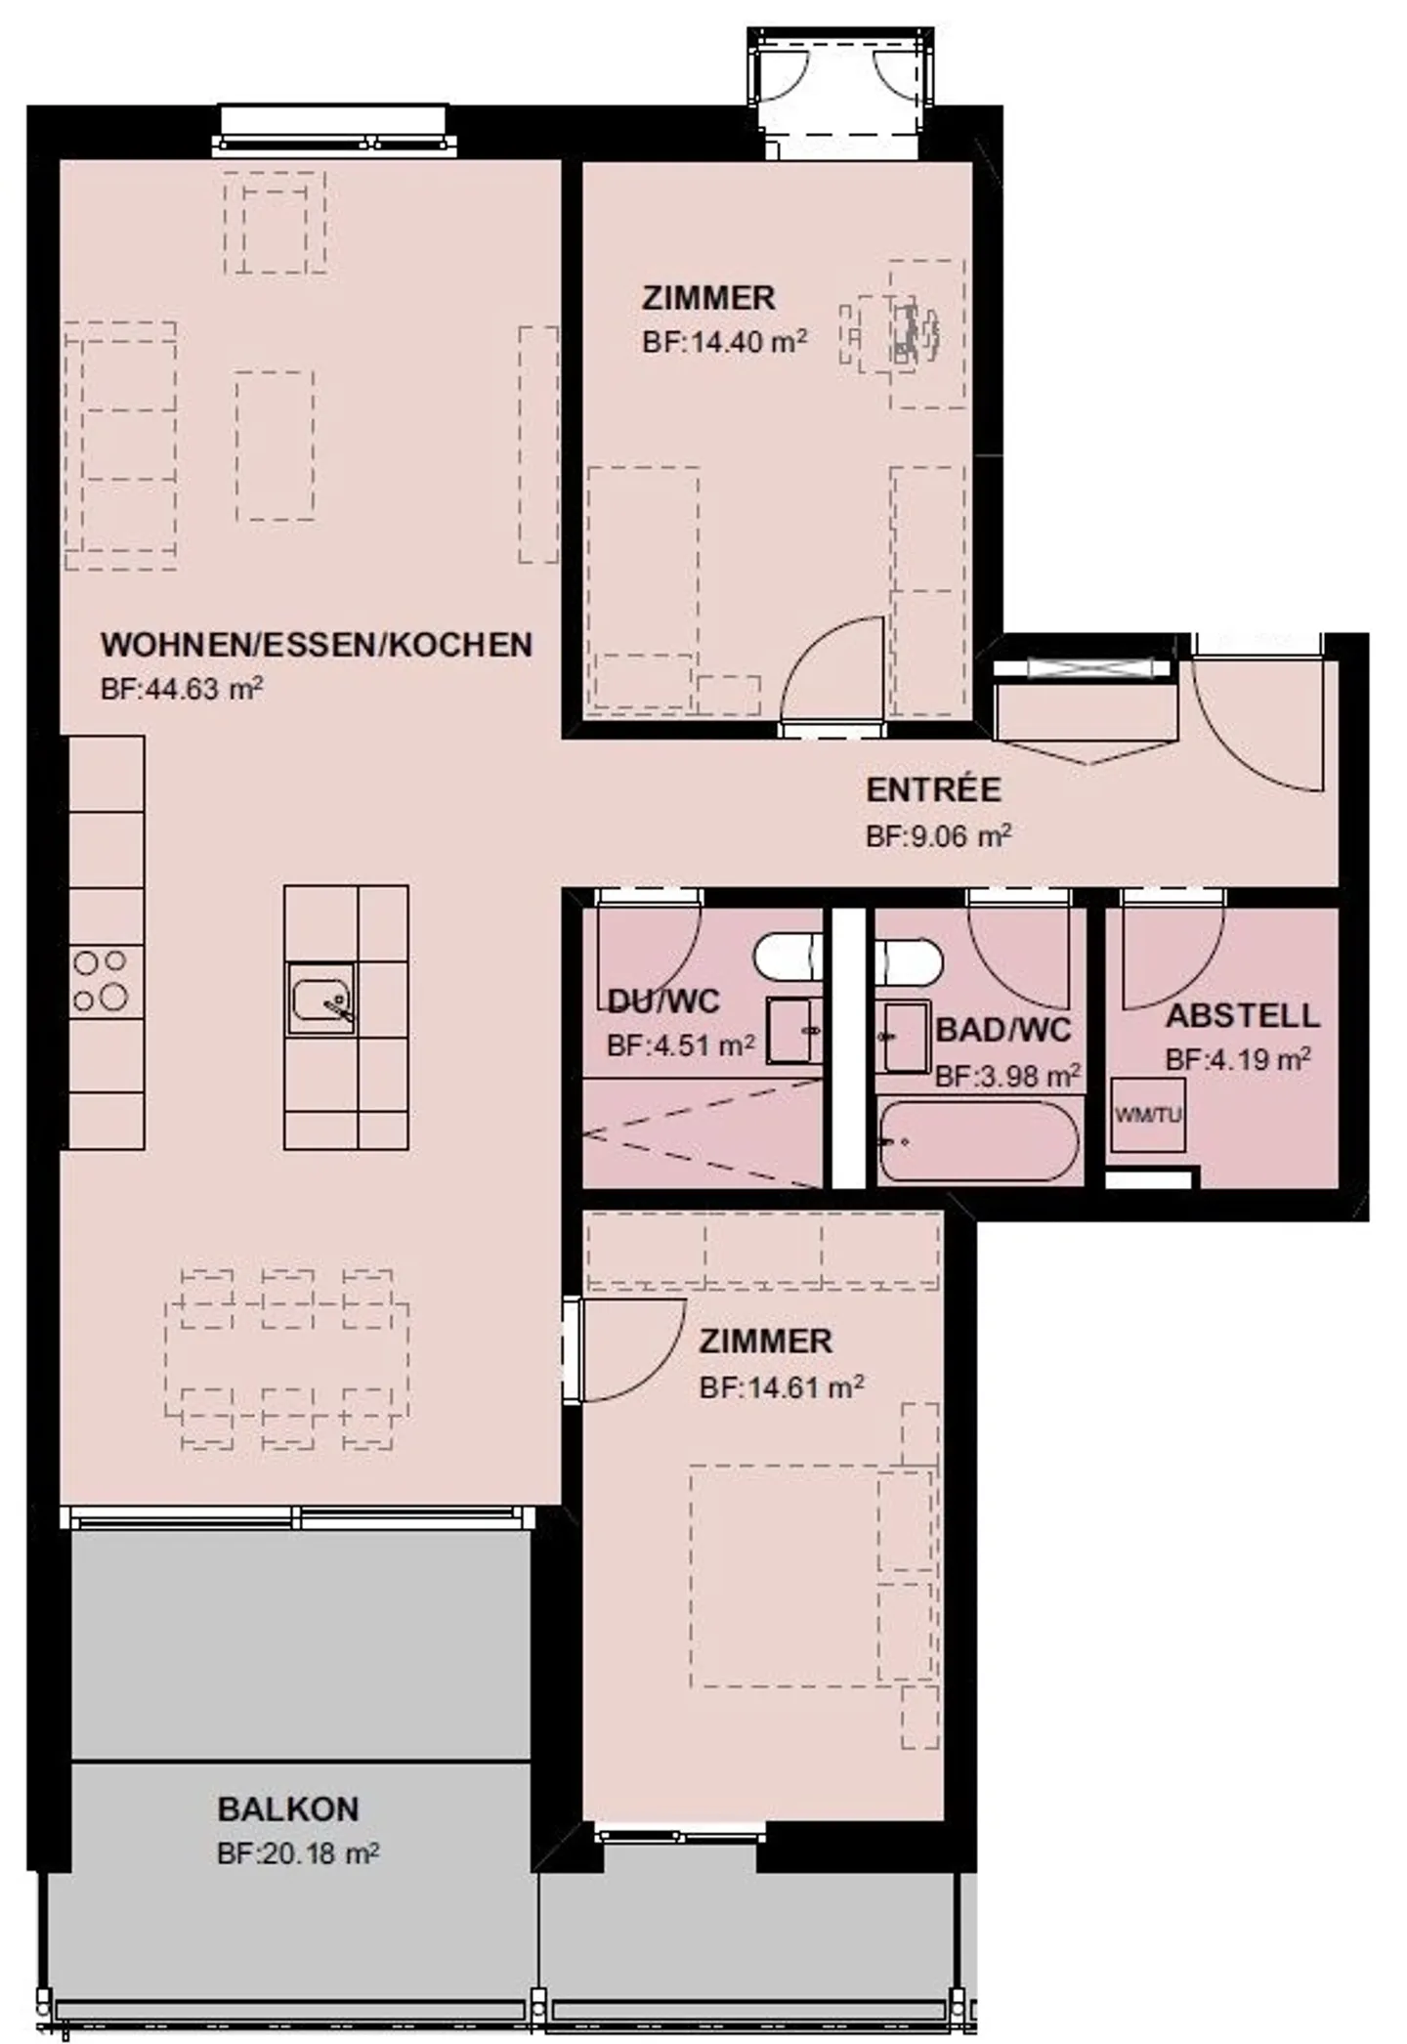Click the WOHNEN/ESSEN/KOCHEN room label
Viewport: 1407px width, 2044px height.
click(317, 645)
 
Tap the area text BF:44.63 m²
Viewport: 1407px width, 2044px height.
click(182, 689)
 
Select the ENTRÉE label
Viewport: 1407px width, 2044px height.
click(933, 789)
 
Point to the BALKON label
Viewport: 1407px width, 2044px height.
click(288, 1810)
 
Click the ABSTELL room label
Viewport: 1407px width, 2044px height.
click(1242, 1015)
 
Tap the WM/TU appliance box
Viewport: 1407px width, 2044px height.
click(1147, 1115)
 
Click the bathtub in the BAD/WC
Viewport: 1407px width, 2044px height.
click(978, 1140)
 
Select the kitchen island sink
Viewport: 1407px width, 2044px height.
click(320, 999)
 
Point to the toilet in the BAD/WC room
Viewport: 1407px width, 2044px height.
click(909, 962)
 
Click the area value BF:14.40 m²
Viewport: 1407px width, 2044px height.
click(724, 342)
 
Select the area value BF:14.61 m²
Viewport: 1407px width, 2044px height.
click(781, 1387)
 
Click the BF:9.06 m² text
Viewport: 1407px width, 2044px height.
click(938, 836)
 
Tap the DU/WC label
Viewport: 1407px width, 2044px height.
click(663, 1001)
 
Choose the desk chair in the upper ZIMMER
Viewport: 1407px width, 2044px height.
click(913, 332)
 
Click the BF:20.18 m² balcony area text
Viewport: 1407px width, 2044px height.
click(298, 1853)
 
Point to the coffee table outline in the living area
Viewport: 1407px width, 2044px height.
click(275, 445)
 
